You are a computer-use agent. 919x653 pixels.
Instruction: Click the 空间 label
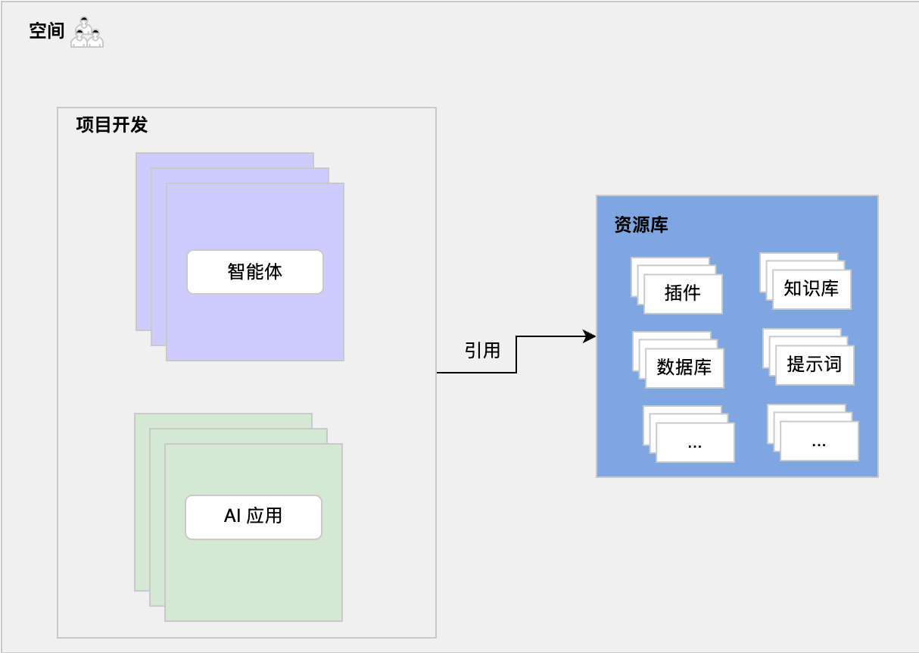[46, 31]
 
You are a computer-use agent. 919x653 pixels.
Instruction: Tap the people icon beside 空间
[86, 33]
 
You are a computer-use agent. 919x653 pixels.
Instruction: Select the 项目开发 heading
[111, 125]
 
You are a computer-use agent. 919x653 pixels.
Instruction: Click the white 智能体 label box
[254, 271]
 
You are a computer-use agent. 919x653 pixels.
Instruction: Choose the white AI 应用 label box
[253, 517]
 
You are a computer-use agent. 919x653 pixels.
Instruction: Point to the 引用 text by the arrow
[482, 350]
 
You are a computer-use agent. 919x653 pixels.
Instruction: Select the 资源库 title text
[640, 225]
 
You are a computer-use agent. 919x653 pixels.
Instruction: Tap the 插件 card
[683, 294]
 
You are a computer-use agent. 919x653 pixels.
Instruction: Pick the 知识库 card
[812, 289]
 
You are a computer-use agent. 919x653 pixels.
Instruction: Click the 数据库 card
[684, 368]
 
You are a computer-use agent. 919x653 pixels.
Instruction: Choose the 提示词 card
[815, 365]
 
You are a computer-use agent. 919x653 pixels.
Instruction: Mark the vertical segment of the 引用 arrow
[516, 355]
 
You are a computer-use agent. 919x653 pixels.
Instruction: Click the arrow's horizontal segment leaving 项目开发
[475, 373]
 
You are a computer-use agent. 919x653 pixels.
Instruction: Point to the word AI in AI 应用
[232, 516]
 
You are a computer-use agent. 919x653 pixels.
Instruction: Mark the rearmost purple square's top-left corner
[137, 154]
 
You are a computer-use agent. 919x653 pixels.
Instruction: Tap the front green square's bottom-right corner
[341, 620]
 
